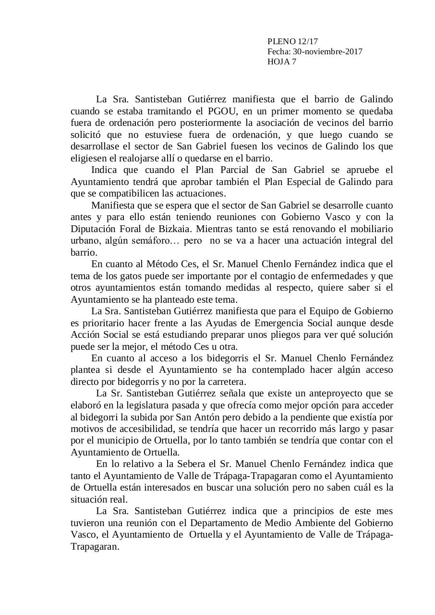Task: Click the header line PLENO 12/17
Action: point(292,42)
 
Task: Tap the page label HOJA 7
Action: point(282,61)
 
